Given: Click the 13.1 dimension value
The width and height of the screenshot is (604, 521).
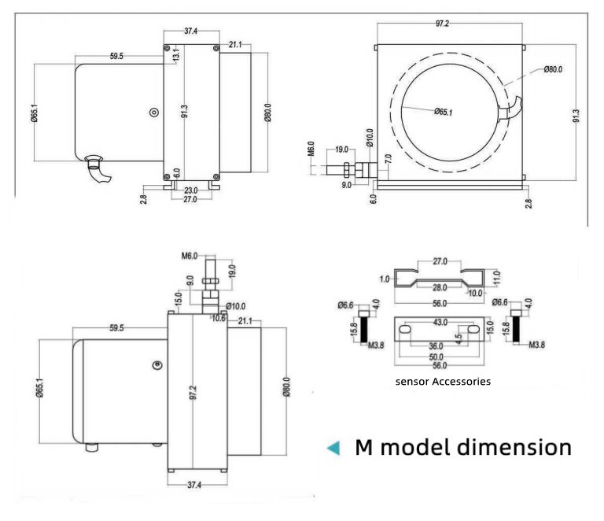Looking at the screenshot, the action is pyautogui.click(x=176, y=54).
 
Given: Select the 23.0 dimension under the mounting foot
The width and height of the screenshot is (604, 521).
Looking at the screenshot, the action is pyautogui.click(x=190, y=190).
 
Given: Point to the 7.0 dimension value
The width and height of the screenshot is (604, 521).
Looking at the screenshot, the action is pyautogui.click(x=389, y=159).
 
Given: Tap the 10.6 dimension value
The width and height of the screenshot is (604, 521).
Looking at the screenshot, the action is pyautogui.click(x=219, y=318).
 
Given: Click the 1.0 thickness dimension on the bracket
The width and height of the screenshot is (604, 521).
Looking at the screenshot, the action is pyautogui.click(x=385, y=279).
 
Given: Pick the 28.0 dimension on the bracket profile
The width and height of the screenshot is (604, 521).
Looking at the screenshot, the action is pyautogui.click(x=440, y=287).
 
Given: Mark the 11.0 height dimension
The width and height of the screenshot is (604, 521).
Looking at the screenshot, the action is pyautogui.click(x=496, y=278).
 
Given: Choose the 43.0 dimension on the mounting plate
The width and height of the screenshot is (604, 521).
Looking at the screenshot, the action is pyautogui.click(x=440, y=322).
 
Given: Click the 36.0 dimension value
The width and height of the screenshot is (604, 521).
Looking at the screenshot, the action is pyautogui.click(x=436, y=346).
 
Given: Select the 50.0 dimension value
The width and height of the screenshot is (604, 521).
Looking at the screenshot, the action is pyautogui.click(x=436, y=357).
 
